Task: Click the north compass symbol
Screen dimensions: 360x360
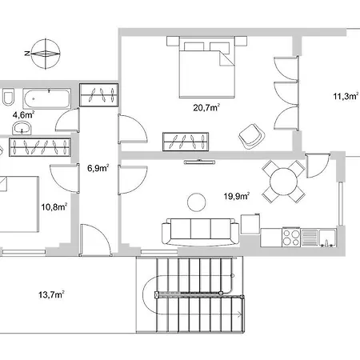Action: [45, 54]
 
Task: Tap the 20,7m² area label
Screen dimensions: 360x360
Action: [206, 108]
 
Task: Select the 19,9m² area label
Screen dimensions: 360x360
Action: [237, 196]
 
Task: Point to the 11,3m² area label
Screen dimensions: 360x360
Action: [346, 96]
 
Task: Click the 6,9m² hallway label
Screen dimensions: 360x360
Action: [98, 168]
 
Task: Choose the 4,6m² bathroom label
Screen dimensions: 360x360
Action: [23, 115]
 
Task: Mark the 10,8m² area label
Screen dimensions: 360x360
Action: [54, 207]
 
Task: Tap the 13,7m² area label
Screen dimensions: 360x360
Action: [51, 295]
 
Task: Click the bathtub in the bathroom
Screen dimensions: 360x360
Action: [47, 98]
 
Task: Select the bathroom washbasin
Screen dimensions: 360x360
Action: [22, 128]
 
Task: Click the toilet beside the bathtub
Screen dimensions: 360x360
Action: [8, 96]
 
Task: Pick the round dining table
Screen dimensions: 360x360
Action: [283, 182]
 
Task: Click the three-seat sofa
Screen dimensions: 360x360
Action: [201, 231]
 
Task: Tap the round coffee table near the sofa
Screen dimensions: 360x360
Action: [197, 202]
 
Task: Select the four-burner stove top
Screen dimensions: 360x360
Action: [291, 237]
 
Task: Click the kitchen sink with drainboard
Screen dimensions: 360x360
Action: [318, 238]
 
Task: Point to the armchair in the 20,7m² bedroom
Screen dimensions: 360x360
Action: [251, 136]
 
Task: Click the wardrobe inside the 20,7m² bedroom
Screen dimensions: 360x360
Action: [186, 142]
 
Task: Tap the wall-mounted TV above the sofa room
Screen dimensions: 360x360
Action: [199, 162]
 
